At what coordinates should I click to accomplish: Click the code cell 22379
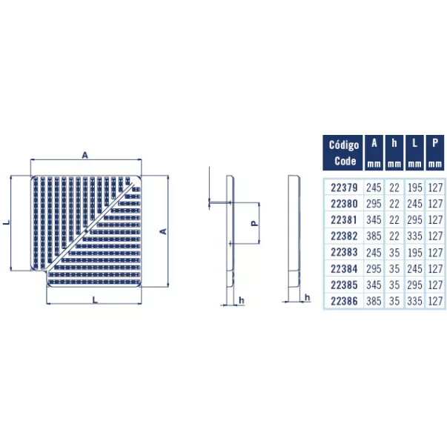coord(344,188)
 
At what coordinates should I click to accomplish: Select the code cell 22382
coord(344,236)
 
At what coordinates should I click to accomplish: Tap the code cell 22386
coord(344,301)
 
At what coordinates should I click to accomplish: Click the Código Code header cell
coord(342,153)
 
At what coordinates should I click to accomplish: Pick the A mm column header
coord(374,153)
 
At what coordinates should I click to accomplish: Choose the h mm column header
coord(394,153)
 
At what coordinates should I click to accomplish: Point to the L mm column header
coord(414,153)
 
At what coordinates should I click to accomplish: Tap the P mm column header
coord(435,153)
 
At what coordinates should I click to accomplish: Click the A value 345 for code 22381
coord(374,220)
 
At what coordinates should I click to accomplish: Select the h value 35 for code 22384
coord(394,268)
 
